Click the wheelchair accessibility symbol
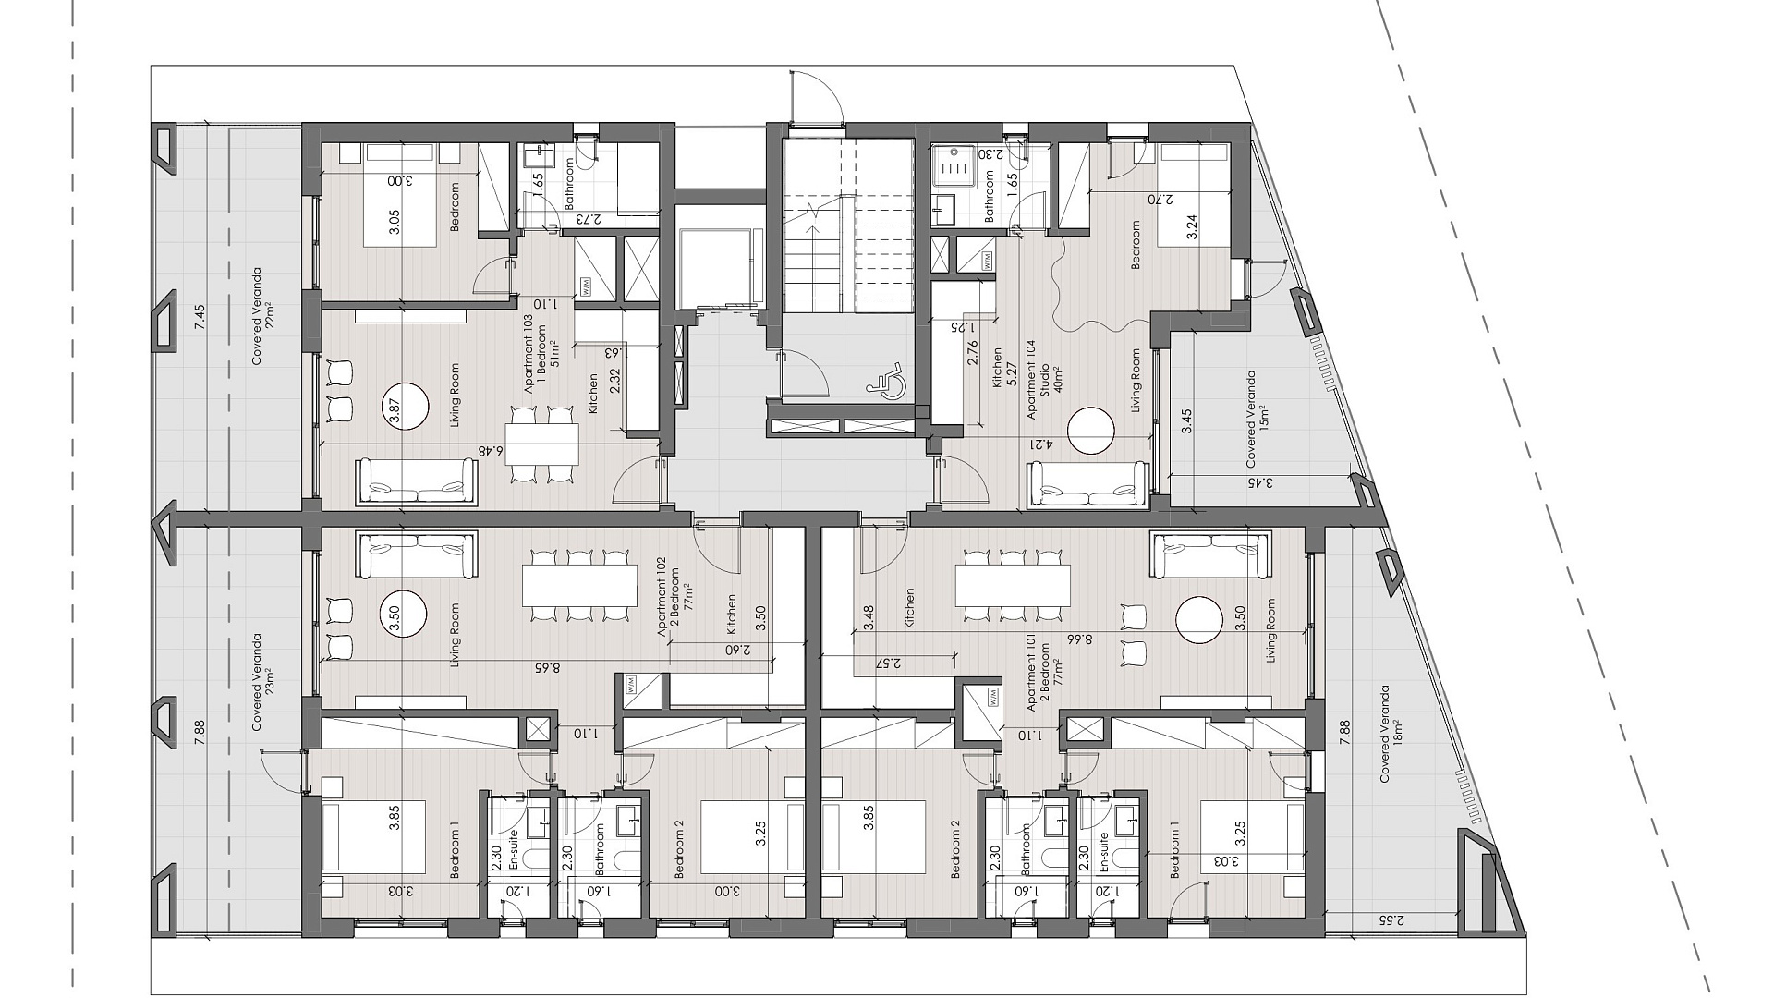pos(886,381)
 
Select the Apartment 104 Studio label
pos(1039,380)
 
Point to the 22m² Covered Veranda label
pos(263,317)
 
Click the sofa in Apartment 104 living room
pos(1089,484)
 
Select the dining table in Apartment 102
pos(580,585)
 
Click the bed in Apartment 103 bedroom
pos(401,195)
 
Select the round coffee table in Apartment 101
pos(1200,620)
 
